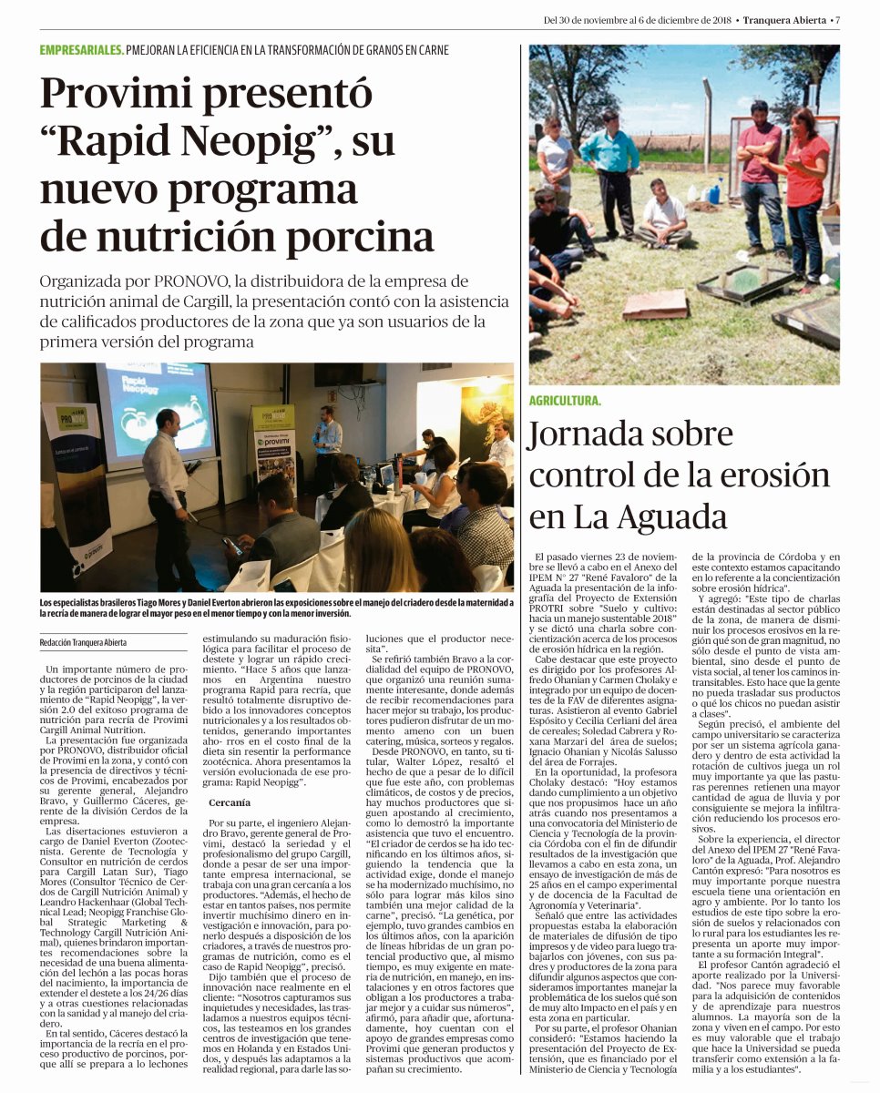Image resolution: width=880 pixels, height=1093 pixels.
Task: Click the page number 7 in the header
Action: pyautogui.click(x=837, y=20)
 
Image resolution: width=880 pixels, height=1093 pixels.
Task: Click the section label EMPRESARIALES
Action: pyautogui.click(x=81, y=50)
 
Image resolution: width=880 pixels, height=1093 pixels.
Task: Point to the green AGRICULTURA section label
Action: pyautogui.click(x=565, y=401)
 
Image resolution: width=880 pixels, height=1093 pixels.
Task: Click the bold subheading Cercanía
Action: pyautogui.click(x=230, y=802)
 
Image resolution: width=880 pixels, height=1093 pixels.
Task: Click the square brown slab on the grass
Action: pyautogui.click(x=655, y=305)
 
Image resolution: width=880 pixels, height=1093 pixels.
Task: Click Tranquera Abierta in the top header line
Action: pyautogui.click(x=785, y=20)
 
